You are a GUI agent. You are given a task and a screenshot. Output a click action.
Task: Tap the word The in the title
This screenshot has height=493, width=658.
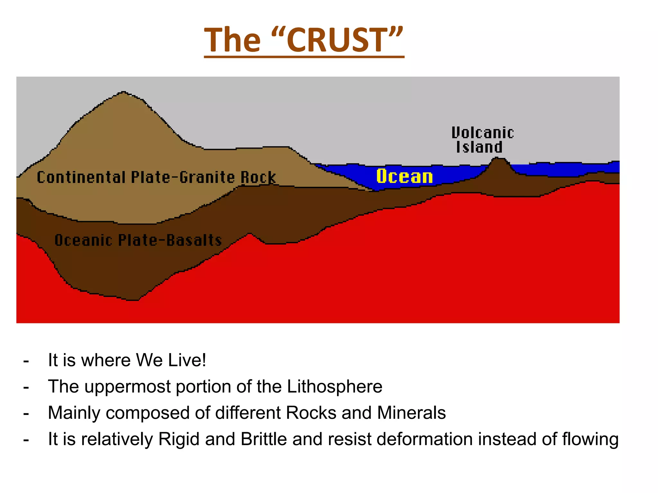tap(232, 40)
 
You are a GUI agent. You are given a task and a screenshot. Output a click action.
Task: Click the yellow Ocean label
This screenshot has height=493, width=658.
tap(405, 177)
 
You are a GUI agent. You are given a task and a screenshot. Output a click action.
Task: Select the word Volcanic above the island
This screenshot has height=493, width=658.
tap(483, 133)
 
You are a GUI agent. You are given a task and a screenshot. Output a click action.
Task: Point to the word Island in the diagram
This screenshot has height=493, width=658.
tap(479, 147)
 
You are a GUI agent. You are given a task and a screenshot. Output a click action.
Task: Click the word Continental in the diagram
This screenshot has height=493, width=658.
tap(81, 177)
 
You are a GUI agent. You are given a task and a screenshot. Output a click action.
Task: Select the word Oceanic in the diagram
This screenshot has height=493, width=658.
tap(84, 240)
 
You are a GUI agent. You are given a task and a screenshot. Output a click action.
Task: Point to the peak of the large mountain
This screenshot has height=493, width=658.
tap(123, 93)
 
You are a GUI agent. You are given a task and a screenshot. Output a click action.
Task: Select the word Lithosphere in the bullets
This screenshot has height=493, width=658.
tap(334, 386)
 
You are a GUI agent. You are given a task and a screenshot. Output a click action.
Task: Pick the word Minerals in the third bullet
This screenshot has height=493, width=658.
tap(411, 412)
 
